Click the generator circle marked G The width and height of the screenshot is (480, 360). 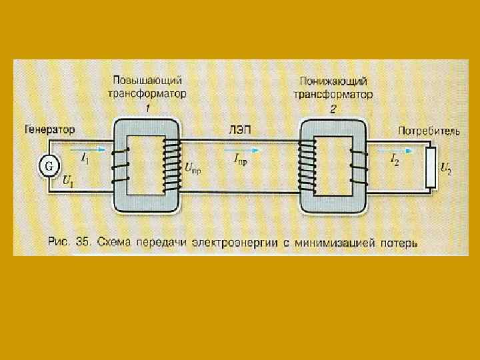(x=48, y=164)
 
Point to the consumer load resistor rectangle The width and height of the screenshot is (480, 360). (x=431, y=168)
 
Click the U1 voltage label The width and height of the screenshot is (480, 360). (x=68, y=180)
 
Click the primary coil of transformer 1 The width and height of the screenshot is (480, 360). (x=121, y=165)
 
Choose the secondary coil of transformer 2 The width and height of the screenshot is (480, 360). (x=358, y=167)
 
